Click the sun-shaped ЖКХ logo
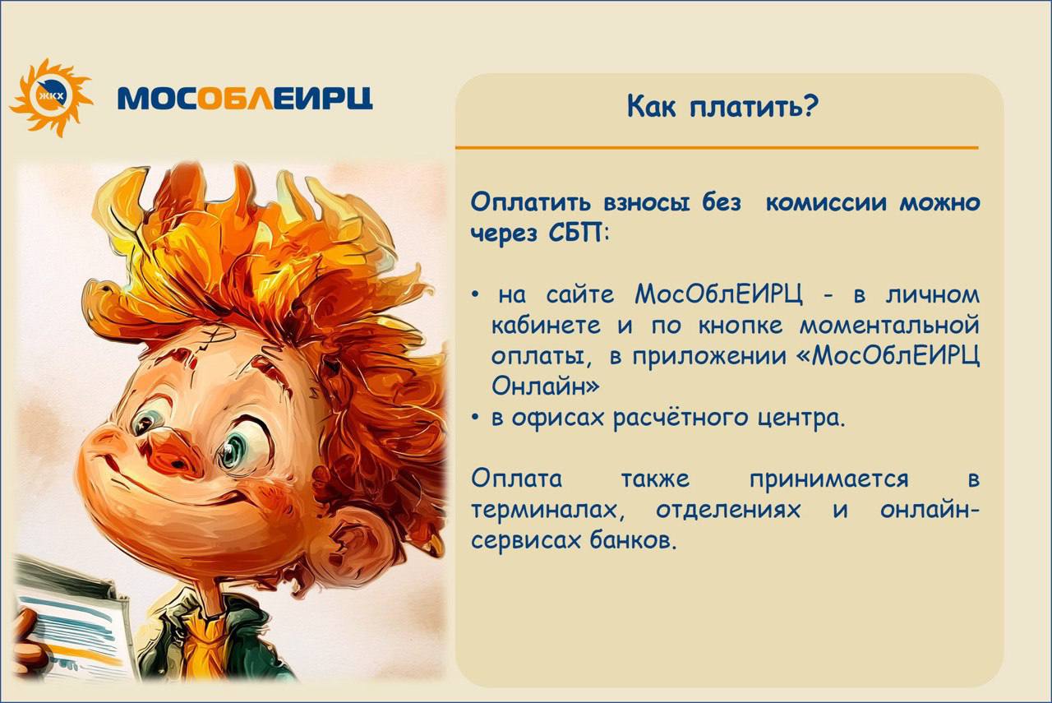[51, 97]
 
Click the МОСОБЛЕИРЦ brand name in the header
[245, 98]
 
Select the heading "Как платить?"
[722, 107]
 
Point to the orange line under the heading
[717, 147]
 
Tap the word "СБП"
[575, 233]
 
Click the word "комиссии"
[827, 202]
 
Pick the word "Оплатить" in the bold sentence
[533, 202]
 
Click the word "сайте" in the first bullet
[580, 295]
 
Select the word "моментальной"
[889, 326]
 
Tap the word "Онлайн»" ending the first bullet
[546, 386]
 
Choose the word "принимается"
[828, 480]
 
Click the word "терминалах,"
[548, 511]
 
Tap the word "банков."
[633, 540]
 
